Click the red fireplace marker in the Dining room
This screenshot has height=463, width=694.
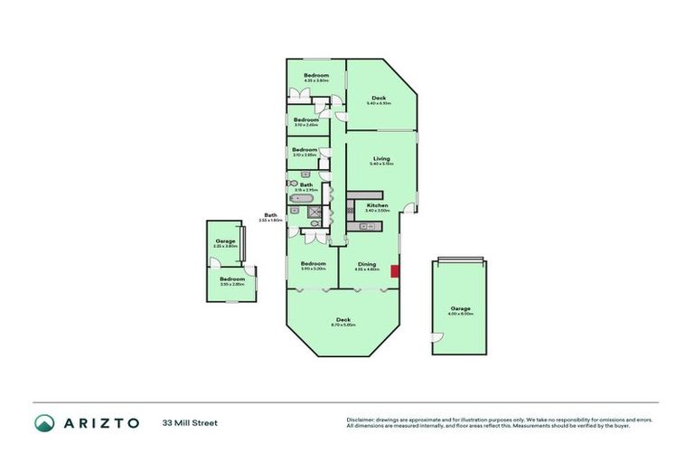394,270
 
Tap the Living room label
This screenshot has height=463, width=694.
380,160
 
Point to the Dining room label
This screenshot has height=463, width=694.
366,264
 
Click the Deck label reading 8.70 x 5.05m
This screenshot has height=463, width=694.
343,320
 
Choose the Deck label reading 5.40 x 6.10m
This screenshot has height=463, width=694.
379,99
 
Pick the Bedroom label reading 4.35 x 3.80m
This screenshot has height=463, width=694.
315,76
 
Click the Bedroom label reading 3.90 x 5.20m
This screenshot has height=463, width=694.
313,265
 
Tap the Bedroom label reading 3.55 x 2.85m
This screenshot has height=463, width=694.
232,280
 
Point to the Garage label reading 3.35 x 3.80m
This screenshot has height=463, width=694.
225,242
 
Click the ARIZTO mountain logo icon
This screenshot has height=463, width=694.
44,422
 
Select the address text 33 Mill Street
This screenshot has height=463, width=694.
190,422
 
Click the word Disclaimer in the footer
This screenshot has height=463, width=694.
362,420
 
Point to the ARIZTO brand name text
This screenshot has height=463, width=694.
100,422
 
